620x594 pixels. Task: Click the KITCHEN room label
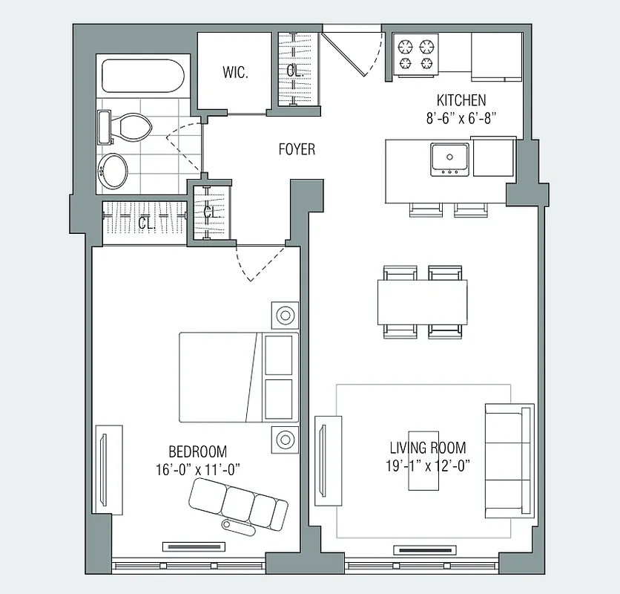click(461, 100)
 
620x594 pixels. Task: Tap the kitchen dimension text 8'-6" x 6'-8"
click(461, 117)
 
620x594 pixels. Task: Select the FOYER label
click(297, 149)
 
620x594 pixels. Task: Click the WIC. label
click(234, 72)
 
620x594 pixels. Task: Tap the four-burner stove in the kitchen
click(416, 56)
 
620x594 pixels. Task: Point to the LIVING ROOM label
click(428, 448)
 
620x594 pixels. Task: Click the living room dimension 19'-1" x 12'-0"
click(428, 466)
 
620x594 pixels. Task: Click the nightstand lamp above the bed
click(285, 314)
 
